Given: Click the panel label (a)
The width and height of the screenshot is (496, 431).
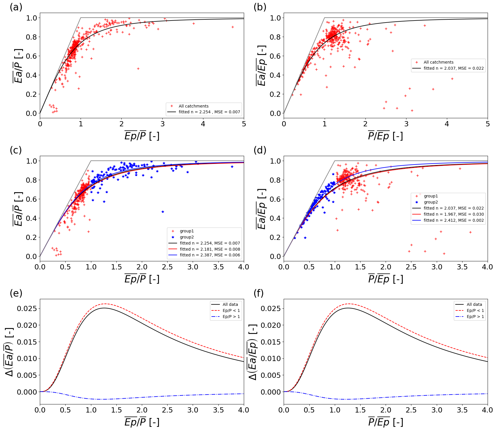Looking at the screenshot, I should click(16, 7).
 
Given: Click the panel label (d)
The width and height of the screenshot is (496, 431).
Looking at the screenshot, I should click(260, 150).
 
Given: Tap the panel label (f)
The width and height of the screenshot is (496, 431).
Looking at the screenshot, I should click(259, 293).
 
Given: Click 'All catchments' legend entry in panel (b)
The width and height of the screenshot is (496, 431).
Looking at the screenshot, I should click(438, 62).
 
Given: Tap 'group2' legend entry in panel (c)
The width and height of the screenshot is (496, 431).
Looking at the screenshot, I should click(187, 237).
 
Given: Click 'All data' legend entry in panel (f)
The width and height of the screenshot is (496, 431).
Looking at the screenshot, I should click(474, 305).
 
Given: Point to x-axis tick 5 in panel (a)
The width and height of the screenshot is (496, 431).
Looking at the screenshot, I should click(244, 124).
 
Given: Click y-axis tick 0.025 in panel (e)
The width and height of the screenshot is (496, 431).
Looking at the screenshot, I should click(27, 309).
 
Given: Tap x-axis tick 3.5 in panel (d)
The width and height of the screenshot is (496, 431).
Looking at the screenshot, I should click(462, 267).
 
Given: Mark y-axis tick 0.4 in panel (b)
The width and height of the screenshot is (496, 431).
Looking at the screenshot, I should click(275, 75).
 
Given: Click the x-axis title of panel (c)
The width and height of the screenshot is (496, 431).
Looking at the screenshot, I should click(142, 279).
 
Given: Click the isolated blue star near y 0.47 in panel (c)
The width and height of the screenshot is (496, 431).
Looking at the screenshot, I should click(163, 212).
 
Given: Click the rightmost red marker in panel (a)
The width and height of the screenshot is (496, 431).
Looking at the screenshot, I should click(233, 27).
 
